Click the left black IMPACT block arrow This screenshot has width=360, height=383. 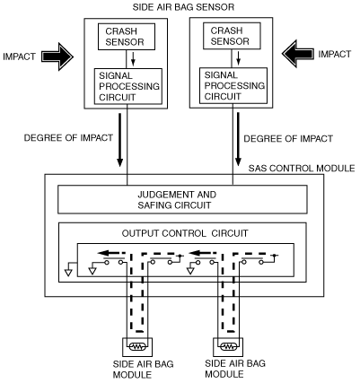point(57,57)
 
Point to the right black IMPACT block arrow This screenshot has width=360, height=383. point(298,54)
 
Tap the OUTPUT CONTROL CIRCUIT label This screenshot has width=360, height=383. point(185,233)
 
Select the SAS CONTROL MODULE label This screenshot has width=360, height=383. point(302,168)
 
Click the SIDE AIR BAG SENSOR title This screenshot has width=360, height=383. point(183,7)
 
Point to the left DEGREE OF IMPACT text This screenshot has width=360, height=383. point(68,138)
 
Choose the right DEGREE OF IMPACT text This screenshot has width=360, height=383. point(288,139)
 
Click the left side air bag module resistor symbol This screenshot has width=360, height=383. point(137,347)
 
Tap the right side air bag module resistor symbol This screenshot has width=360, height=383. point(228,346)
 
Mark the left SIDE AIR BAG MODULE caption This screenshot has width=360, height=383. point(143,370)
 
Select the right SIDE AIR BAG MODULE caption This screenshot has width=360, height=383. point(235,369)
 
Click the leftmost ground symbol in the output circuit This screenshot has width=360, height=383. point(69,269)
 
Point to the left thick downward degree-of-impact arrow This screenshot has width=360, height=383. point(119,140)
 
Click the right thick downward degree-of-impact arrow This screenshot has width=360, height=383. point(238,139)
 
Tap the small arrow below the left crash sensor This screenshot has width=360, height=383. point(134,59)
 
